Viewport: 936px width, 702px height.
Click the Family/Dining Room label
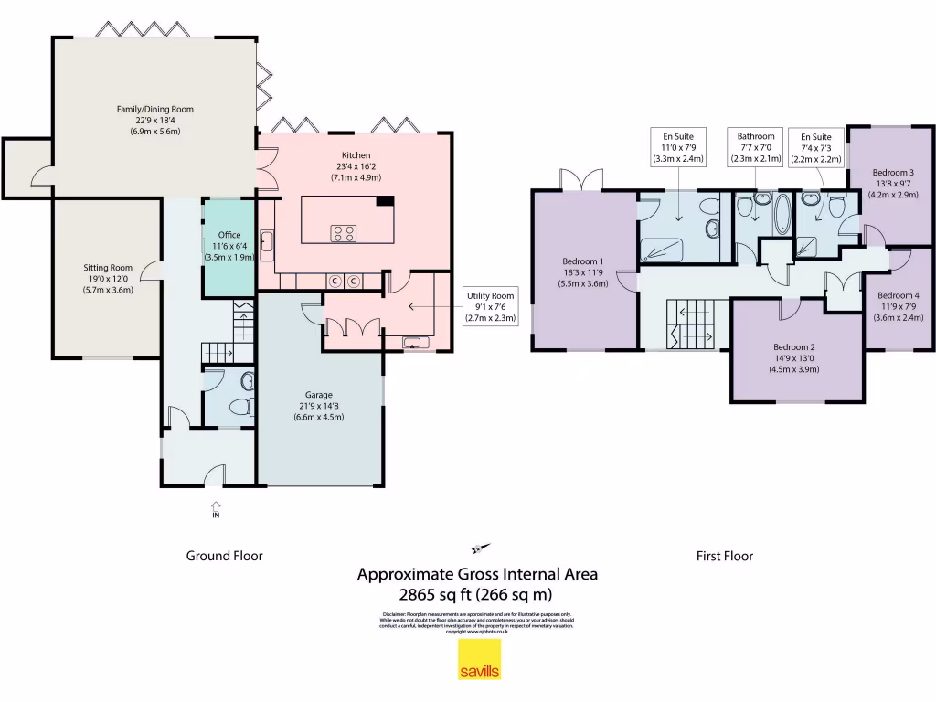154,110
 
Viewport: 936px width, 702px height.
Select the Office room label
229,236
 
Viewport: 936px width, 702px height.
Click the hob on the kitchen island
344,233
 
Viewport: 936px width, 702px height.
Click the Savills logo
479,660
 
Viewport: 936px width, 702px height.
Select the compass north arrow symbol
480,548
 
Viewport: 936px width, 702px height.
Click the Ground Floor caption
224,555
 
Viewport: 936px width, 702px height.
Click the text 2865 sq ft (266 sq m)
477,593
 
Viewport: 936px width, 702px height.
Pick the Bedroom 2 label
793,347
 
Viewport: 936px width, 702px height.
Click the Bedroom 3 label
892,172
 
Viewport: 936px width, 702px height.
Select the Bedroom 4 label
899,295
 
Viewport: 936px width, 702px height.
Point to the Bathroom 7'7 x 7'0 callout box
756,147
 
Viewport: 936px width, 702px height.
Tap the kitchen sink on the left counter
267,242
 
